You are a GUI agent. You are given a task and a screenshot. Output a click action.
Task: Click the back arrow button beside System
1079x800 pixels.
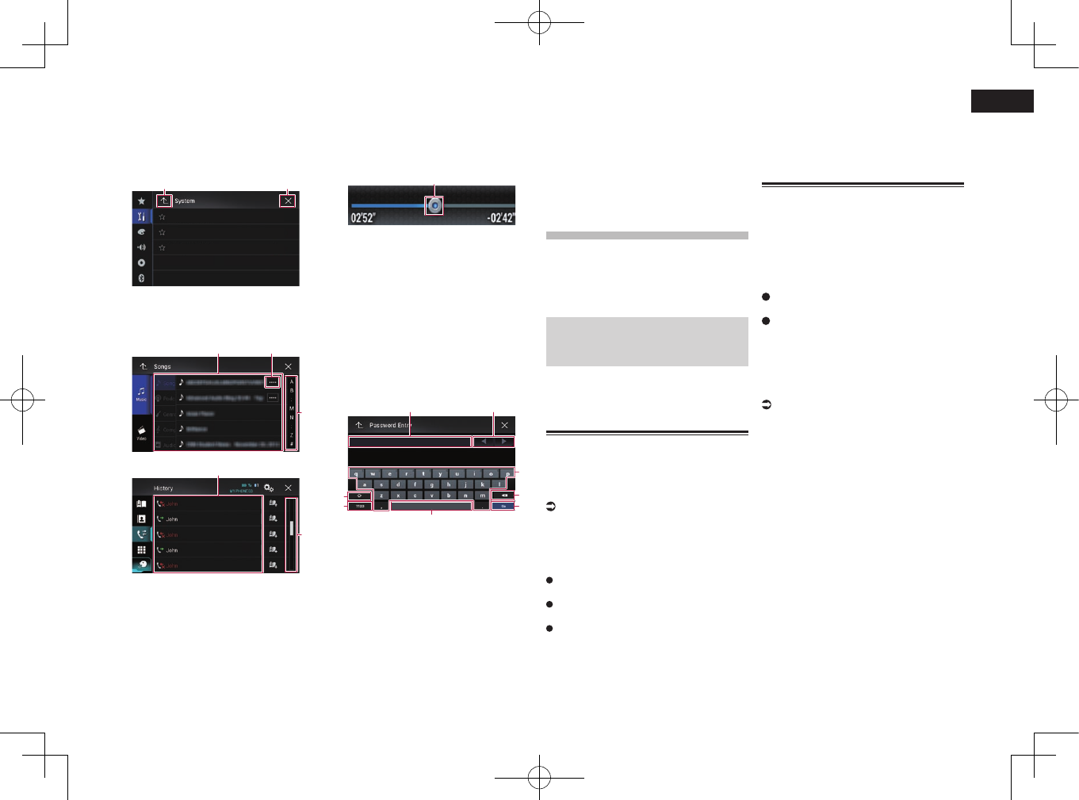(x=163, y=201)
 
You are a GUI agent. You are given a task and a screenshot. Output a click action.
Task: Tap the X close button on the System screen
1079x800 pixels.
(x=288, y=201)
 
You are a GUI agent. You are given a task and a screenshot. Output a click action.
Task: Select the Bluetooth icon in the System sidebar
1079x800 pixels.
(x=141, y=278)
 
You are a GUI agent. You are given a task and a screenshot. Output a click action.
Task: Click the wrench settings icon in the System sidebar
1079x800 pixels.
(x=141, y=216)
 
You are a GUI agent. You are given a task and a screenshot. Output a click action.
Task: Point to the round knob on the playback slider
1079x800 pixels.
(x=434, y=206)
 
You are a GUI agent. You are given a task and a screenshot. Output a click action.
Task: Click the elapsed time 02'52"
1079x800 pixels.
(x=363, y=217)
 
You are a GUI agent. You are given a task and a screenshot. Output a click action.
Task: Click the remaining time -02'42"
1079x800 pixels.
(x=500, y=217)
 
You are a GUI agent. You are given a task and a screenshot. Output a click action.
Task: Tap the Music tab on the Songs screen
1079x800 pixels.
(x=141, y=394)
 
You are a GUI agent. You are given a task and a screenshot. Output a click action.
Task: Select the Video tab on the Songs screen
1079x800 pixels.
(x=141, y=433)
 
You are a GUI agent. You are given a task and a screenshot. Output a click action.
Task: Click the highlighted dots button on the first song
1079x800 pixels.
(x=272, y=382)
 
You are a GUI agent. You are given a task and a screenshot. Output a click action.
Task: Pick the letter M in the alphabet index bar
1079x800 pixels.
(x=291, y=408)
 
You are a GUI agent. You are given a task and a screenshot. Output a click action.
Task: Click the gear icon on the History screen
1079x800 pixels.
(x=269, y=488)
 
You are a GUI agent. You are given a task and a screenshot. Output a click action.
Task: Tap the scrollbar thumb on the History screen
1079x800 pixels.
(x=292, y=528)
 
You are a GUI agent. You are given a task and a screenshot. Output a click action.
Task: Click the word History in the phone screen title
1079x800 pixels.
(x=163, y=488)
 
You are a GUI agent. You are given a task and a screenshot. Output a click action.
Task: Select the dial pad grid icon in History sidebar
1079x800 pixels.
(x=141, y=549)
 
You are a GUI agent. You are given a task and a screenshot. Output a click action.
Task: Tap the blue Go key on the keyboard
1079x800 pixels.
(x=503, y=506)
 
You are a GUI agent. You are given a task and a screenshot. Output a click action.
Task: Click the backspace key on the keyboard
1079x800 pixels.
(x=503, y=496)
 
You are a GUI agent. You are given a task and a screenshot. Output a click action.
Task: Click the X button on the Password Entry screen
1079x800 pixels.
(x=504, y=425)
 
